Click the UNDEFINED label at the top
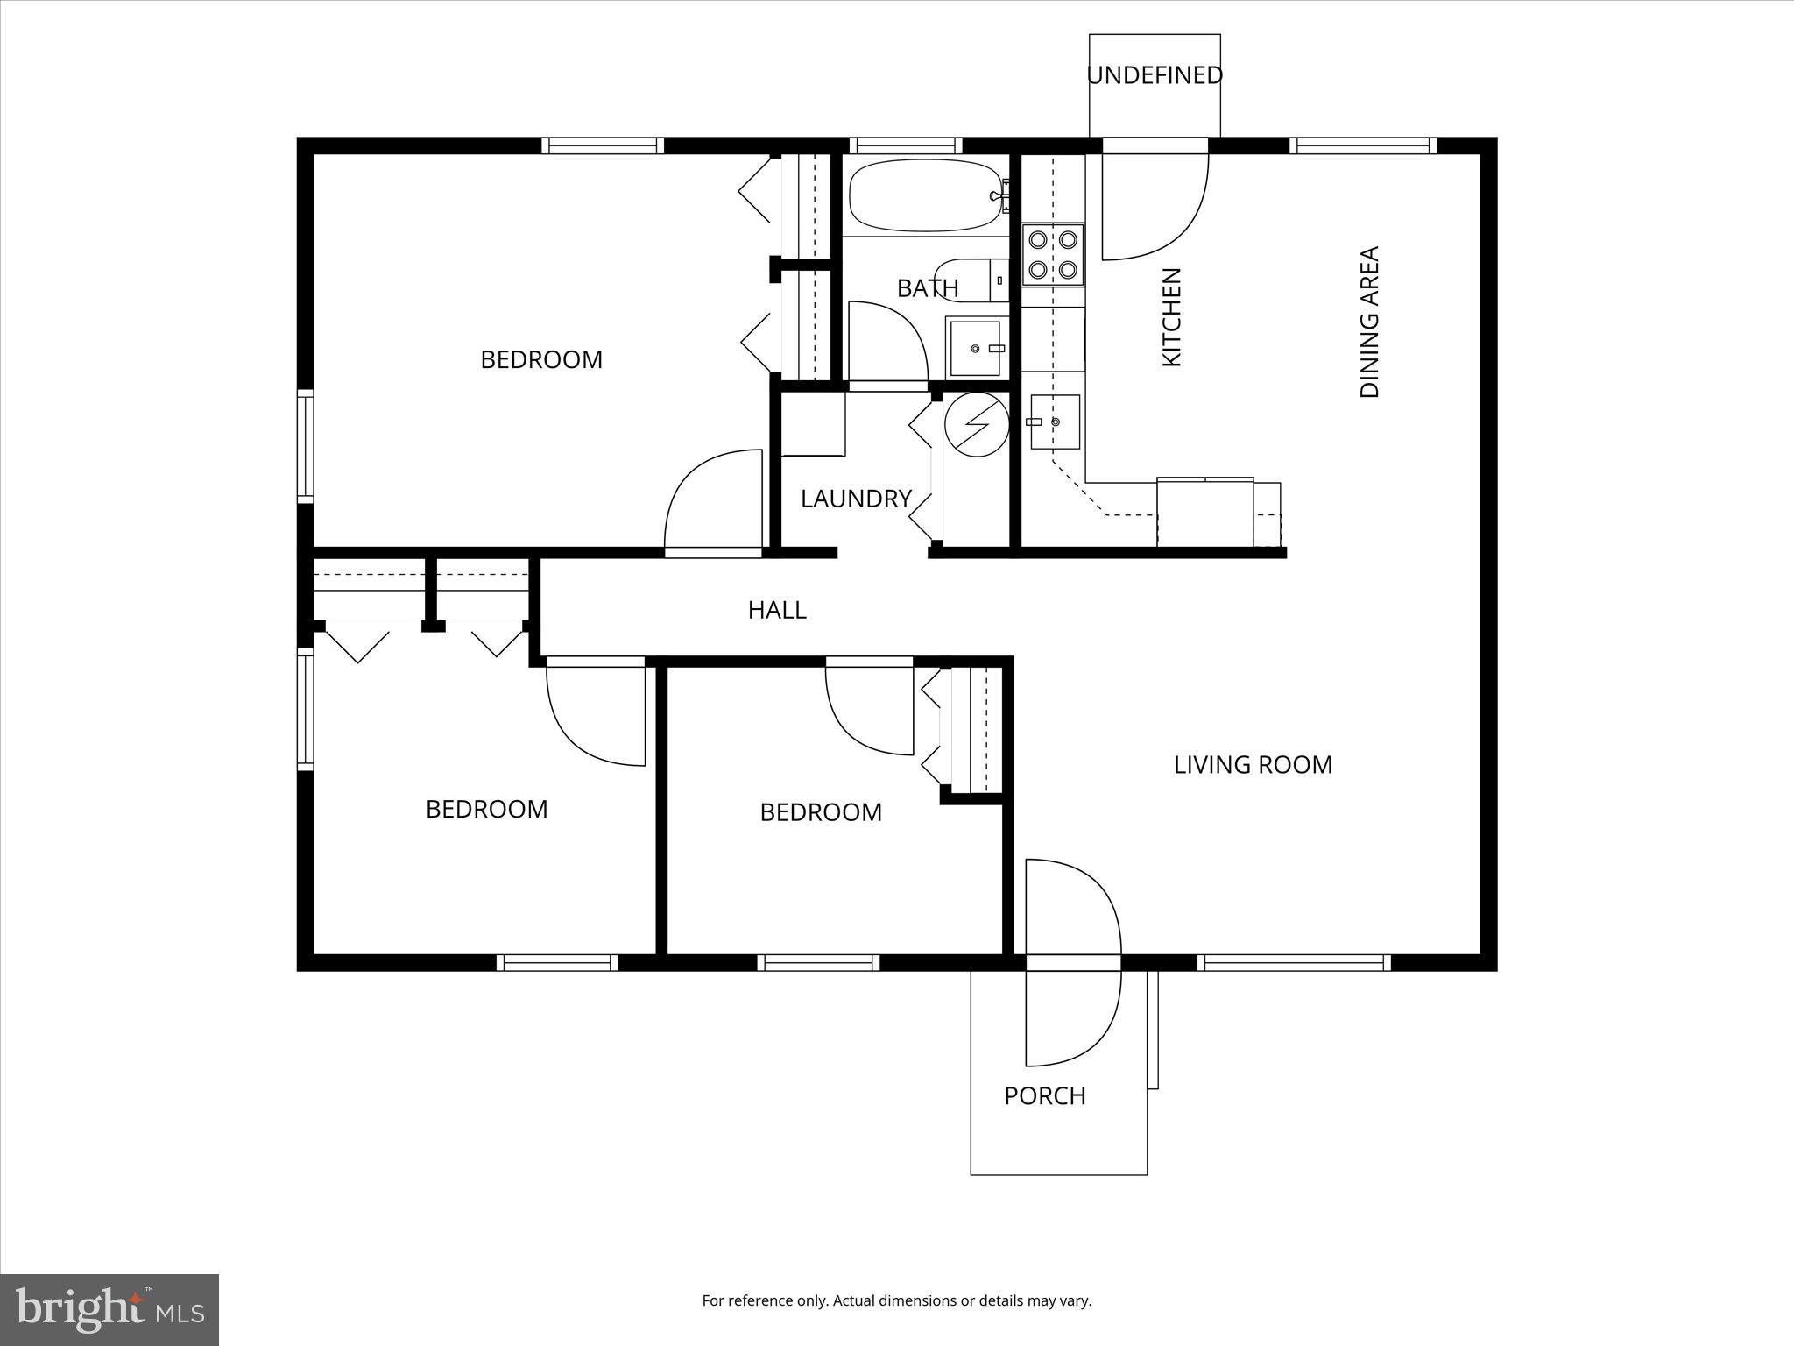(1155, 76)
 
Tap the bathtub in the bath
(925, 195)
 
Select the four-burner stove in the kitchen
(1053, 254)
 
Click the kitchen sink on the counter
(1054, 422)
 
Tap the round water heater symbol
(976, 424)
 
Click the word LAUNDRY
(856, 499)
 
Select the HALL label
(777, 610)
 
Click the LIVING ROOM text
(1253, 765)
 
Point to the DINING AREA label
(1369, 322)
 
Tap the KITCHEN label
(1171, 317)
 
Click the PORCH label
(1044, 1096)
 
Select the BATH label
(928, 288)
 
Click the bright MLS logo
(109, 1309)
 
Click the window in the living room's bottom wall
(1294, 962)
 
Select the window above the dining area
(1362, 145)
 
